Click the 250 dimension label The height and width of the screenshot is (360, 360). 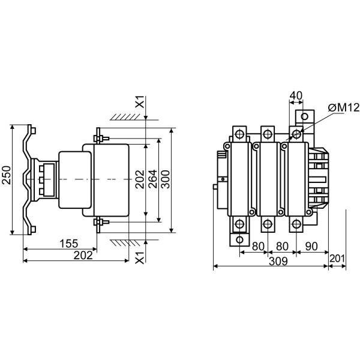pyautogui.click(x=7, y=175)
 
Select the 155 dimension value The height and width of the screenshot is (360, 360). pyautogui.click(x=69, y=244)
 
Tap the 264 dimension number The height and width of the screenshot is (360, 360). pyautogui.click(x=152, y=179)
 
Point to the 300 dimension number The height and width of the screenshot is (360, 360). pyautogui.click(x=165, y=179)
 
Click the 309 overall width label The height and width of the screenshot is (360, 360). pyautogui.click(x=278, y=261)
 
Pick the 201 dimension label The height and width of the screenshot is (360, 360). pyautogui.click(x=337, y=259)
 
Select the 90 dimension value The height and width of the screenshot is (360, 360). pyautogui.click(x=311, y=247)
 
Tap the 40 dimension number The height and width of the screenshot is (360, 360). pyautogui.click(x=296, y=95)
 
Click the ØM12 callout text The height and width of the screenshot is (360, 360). pyautogui.click(x=343, y=107)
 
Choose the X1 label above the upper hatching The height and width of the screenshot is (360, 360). pyautogui.click(x=140, y=101)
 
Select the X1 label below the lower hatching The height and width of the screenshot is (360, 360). pyautogui.click(x=140, y=257)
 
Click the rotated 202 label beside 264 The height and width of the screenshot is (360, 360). pyautogui.click(x=140, y=179)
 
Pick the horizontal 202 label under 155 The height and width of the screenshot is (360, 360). pyautogui.click(x=83, y=256)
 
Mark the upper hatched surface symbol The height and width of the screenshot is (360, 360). pyautogui.click(x=125, y=117)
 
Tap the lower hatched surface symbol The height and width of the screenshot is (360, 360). pyautogui.click(x=125, y=243)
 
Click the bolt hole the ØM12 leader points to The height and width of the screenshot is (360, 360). pyautogui.click(x=296, y=134)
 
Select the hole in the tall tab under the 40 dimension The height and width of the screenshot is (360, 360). pyautogui.click(x=304, y=116)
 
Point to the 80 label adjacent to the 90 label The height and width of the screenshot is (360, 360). pyautogui.click(x=282, y=247)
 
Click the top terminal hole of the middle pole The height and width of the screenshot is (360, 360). pyautogui.click(x=268, y=134)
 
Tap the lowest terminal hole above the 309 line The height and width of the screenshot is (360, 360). pyautogui.click(x=239, y=240)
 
